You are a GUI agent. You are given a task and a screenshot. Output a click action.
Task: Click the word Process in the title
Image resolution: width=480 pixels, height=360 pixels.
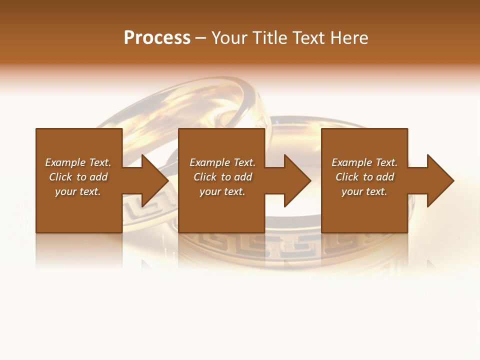coord(157,38)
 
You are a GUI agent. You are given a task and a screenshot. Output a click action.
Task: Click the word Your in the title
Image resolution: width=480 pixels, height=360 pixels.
coord(231,38)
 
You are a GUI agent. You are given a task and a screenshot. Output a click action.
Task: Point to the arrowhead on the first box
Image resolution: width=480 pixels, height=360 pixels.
coord(152,180)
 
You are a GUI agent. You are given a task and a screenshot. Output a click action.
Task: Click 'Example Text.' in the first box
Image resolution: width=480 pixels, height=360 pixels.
coord(78,162)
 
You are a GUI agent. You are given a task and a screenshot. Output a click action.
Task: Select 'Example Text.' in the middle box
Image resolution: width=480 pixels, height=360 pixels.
coord(222,162)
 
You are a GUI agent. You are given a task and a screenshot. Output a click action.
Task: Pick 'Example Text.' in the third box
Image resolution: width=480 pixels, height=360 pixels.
coord(364,162)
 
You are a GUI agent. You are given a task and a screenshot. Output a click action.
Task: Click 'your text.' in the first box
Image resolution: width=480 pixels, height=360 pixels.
coord(78,191)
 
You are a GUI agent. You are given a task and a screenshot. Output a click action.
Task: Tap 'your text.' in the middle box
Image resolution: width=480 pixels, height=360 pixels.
coord(222,191)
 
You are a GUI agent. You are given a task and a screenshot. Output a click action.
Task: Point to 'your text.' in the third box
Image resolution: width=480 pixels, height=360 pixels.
coord(364,191)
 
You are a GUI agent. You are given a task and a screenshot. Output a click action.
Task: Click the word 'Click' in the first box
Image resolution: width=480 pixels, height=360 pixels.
coord(61,177)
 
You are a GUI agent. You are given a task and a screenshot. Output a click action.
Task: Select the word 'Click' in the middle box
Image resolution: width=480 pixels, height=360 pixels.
coord(205,177)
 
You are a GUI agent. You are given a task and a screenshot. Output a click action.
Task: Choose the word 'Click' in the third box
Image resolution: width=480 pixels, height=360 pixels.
coord(347,177)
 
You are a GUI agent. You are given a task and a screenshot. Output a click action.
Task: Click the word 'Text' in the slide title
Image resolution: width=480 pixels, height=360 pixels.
coord(307,38)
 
